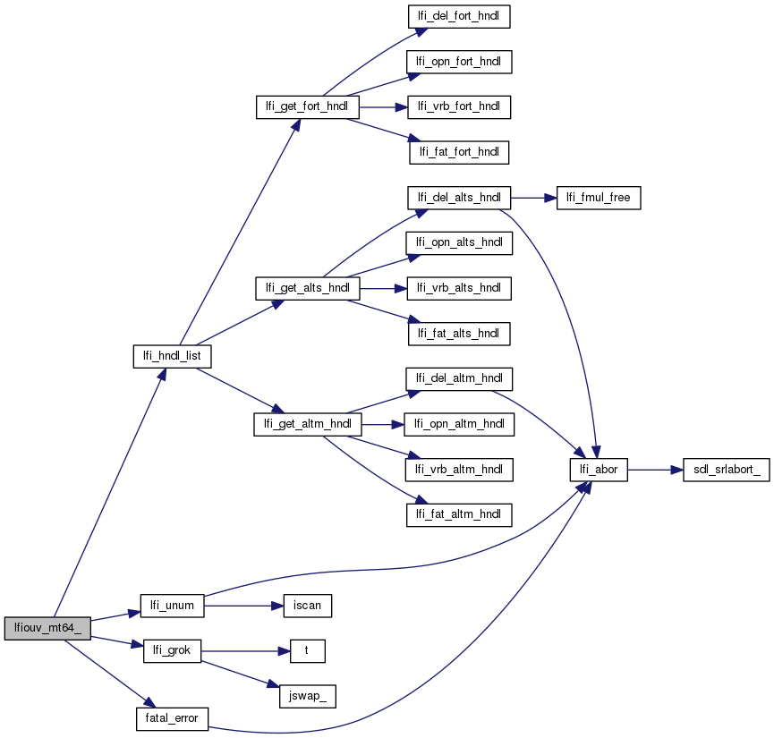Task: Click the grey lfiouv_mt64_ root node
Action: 47,628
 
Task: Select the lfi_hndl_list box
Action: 172,357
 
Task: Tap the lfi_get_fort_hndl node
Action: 308,107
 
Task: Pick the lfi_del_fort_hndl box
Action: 460,16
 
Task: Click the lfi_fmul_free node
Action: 600,198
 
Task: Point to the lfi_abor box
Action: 600,469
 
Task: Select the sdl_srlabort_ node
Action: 726,469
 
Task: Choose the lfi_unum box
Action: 173,606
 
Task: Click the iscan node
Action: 307,606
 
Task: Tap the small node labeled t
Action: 306,650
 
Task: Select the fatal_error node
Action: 172,717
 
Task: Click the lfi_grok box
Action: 172,650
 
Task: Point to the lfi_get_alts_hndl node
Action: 308,288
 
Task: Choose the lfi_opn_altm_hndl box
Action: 460,424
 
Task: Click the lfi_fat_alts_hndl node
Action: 460,334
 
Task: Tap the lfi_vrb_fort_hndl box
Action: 460,107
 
